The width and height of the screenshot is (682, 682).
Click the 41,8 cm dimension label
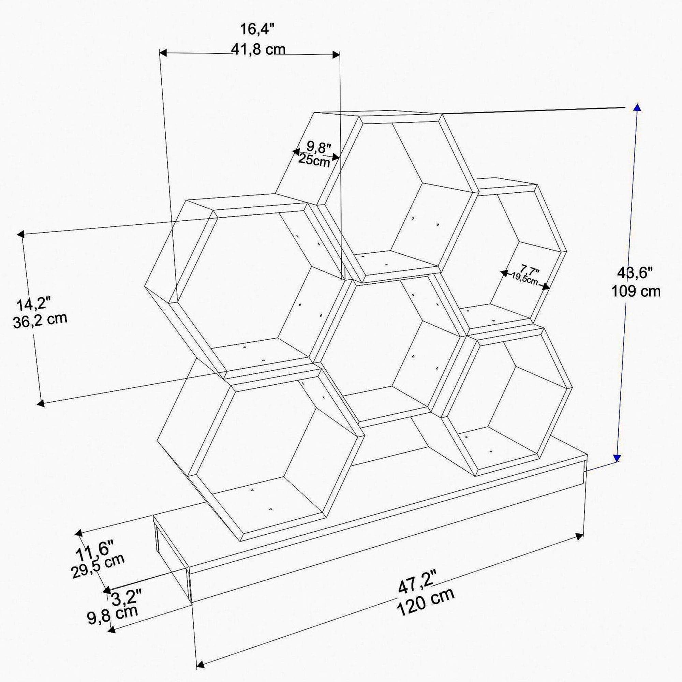258,49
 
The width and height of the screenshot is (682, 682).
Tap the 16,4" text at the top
257,29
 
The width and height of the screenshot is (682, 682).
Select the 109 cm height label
636,291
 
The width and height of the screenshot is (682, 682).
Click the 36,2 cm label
40,321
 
